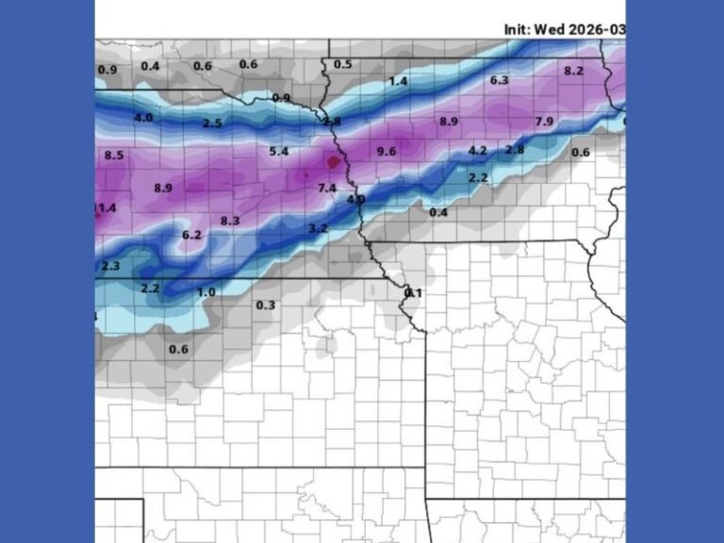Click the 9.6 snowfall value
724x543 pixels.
pyautogui.click(x=386, y=152)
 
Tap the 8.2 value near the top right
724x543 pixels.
pyautogui.click(x=573, y=71)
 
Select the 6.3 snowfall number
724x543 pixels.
pyautogui.click(x=499, y=80)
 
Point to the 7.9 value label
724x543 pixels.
pyautogui.click(x=544, y=122)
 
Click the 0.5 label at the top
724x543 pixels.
pyautogui.click(x=343, y=64)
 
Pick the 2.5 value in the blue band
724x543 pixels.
pyautogui.click(x=212, y=123)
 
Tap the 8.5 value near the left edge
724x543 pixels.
pyautogui.click(x=114, y=156)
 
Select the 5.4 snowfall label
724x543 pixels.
pyautogui.click(x=279, y=151)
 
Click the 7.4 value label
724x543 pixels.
pyautogui.click(x=327, y=189)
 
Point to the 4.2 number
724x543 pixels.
pyautogui.click(x=478, y=151)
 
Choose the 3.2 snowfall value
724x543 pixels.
pyautogui.click(x=318, y=228)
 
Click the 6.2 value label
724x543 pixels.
pyautogui.click(x=191, y=235)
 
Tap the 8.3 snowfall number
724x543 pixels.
pyautogui.click(x=230, y=221)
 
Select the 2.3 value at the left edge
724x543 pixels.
pyautogui.click(x=110, y=267)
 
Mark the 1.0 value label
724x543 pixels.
pyautogui.click(x=206, y=292)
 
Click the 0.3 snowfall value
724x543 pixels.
pyautogui.click(x=266, y=304)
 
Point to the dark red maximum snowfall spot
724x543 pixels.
pyautogui.click(x=332, y=162)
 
